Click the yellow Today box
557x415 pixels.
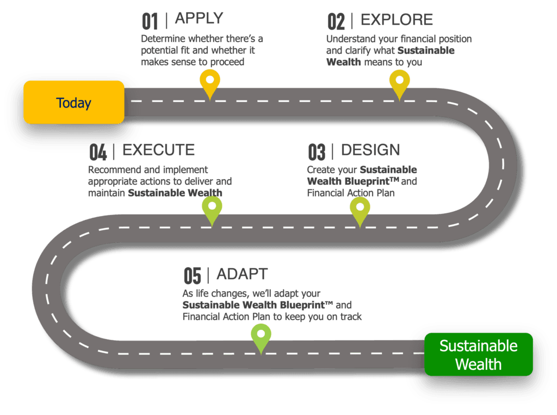point(73,102)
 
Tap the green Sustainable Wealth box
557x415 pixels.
point(478,354)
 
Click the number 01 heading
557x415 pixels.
point(150,21)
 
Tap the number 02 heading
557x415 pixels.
point(336,21)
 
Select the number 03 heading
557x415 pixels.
point(316,152)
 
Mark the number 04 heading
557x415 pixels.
point(98,152)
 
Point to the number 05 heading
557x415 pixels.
point(192,275)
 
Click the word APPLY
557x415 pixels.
point(199,18)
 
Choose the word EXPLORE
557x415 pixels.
point(397,20)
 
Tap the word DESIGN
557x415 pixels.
point(370,149)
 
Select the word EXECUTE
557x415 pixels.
point(159,149)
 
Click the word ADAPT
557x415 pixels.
point(242,273)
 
